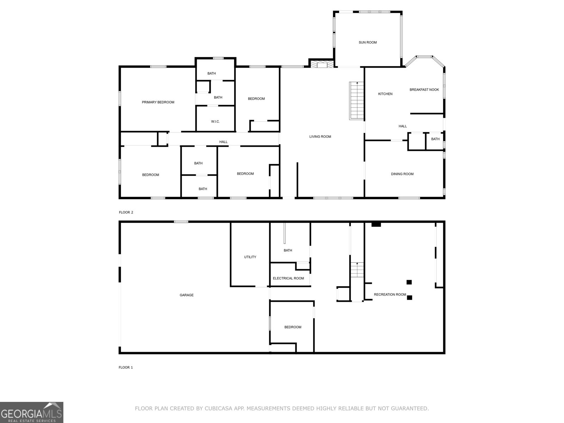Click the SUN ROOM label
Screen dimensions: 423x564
point(368,42)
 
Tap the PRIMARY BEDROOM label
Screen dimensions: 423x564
point(158,102)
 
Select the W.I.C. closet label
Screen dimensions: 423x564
point(215,122)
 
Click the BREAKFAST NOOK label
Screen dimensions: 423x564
point(424,90)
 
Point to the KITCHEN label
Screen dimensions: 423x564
point(385,94)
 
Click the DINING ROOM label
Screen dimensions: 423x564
point(402,174)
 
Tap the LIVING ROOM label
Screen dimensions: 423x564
point(320,137)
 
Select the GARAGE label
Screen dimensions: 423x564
point(186,295)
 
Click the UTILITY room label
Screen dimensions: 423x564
point(250,257)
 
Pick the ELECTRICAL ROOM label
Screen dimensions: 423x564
point(288,278)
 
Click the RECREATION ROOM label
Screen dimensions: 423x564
point(390,295)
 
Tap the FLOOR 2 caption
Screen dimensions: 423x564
point(126,212)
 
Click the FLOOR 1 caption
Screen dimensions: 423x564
point(126,367)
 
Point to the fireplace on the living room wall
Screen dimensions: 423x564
point(322,64)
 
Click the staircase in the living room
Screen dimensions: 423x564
point(356,101)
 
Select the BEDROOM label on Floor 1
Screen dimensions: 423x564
point(293,327)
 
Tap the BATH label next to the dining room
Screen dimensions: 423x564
point(435,139)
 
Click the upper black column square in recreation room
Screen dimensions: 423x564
point(409,282)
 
